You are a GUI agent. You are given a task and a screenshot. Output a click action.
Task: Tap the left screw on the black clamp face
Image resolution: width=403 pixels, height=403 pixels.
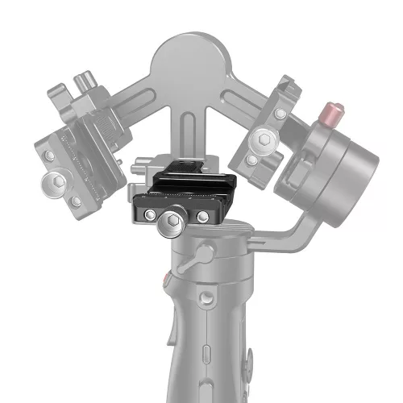point(150,217)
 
